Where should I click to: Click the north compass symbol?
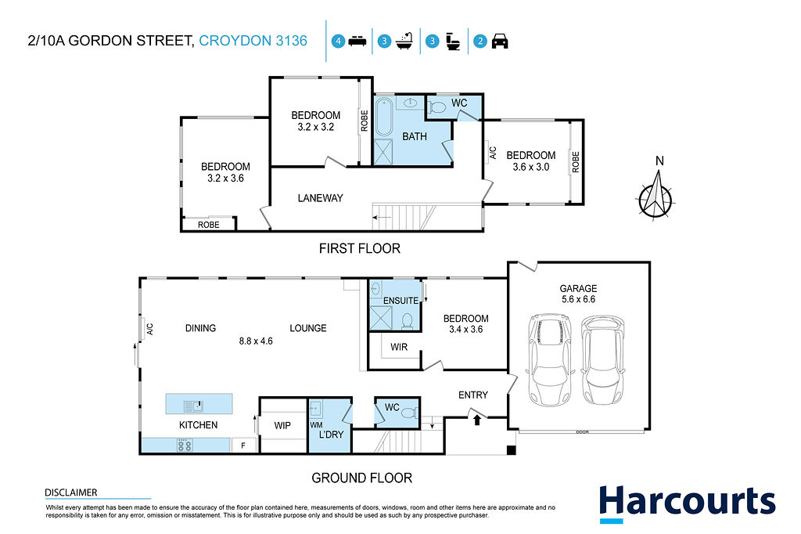pos(656,195)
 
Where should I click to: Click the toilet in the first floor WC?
pos(436,107)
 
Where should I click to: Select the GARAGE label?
pos(578,288)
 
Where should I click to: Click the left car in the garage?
pos(550,359)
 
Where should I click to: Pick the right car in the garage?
pos(603,359)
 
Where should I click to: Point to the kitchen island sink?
pos(194,406)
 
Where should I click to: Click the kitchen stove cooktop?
pos(185,446)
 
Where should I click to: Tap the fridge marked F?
pos(243,446)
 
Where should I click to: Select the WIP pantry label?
pos(282,425)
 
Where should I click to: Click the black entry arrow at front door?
pos(477,420)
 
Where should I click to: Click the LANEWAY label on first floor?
pos(320,198)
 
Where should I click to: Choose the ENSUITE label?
pos(401,301)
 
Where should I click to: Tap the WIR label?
pos(399,347)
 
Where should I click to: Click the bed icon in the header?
pos(357,41)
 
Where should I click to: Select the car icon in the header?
pos(500,41)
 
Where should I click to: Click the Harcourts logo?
pos(687,503)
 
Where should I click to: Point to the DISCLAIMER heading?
pos(71,493)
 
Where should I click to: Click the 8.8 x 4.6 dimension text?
pos(256,341)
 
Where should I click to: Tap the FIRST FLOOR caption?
pos(360,248)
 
